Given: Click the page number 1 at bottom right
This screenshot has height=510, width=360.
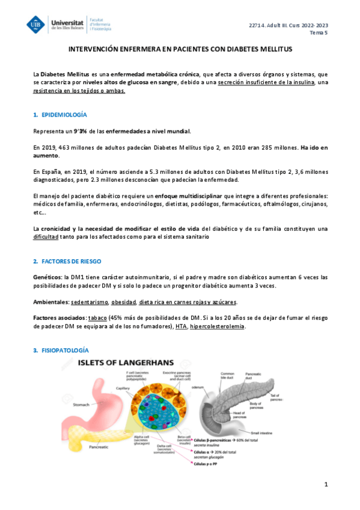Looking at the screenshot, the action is (x=325, y=484).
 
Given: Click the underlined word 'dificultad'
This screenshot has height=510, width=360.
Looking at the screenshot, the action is (x=49, y=238).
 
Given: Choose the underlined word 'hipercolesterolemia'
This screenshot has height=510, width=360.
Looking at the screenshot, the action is (x=218, y=326).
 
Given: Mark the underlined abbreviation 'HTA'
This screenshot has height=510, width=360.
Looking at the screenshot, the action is (x=180, y=326).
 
